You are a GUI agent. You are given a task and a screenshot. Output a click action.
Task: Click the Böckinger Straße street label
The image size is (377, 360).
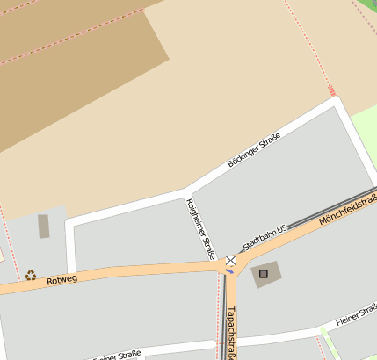pyautogui.click(x=254, y=150)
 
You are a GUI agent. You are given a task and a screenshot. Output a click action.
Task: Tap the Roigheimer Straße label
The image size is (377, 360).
pyautogui.click(x=201, y=228)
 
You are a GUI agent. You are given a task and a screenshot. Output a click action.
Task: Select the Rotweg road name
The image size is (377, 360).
pyautogui.click(x=62, y=279)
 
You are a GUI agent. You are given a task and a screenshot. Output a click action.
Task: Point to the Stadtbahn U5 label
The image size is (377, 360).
pyautogui.click(x=265, y=239)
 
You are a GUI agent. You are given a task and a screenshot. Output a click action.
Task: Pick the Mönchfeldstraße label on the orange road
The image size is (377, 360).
pyautogui.click(x=348, y=211)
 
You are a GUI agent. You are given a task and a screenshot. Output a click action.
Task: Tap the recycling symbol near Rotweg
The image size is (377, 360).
pyautogui.click(x=31, y=275)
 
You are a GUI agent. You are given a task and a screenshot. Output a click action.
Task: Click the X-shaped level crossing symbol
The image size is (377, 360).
pyautogui.click(x=231, y=260)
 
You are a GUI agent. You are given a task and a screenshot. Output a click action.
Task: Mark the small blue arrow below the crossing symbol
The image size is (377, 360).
pyautogui.click(x=230, y=271)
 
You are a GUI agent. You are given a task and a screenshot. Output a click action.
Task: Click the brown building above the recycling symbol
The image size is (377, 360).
pyautogui.click(x=44, y=226)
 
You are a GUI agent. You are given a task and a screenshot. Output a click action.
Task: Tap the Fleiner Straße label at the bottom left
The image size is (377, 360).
pyautogui.click(x=116, y=356)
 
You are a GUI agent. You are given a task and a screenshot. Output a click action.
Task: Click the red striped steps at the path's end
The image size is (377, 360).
pyautogui.click(x=331, y=90)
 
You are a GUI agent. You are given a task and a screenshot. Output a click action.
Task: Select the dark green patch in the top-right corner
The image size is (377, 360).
pyautogui.click(x=367, y=9)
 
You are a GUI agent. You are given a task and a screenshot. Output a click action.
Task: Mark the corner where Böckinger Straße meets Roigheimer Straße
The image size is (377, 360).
pyautogui.click(x=184, y=191)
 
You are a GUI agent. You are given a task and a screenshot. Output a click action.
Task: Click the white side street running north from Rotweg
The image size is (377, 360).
pyautogui.click(x=70, y=246)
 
